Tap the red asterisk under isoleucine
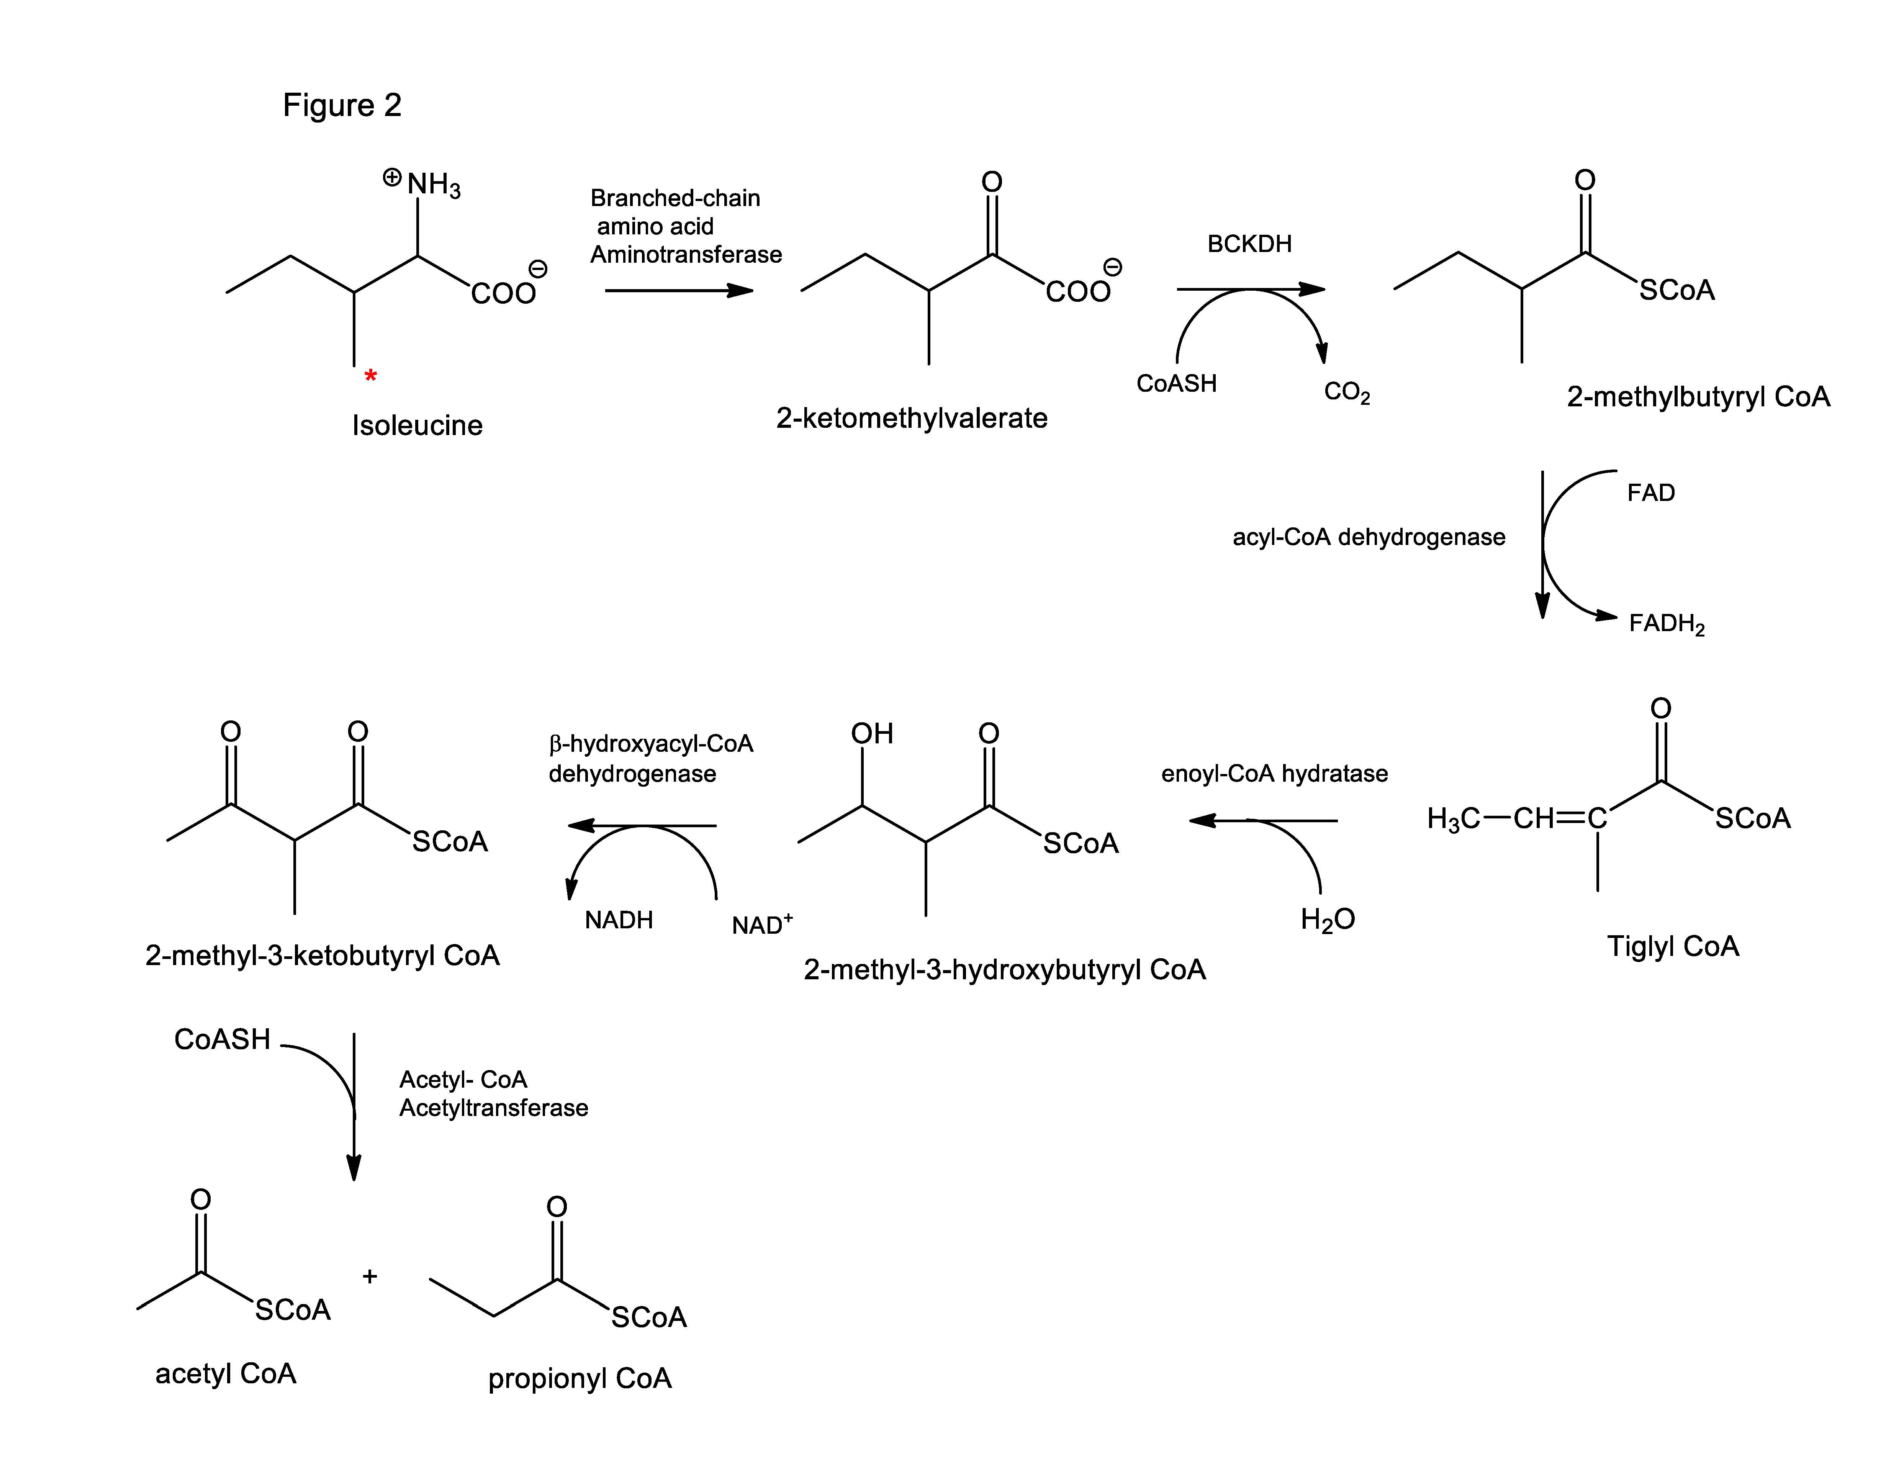click(x=370, y=376)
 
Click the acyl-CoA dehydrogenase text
click(x=1368, y=538)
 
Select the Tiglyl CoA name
click(x=1673, y=946)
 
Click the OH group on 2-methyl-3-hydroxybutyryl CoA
click(x=871, y=734)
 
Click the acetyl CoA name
click(x=226, y=1373)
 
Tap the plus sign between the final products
click(x=370, y=1276)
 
